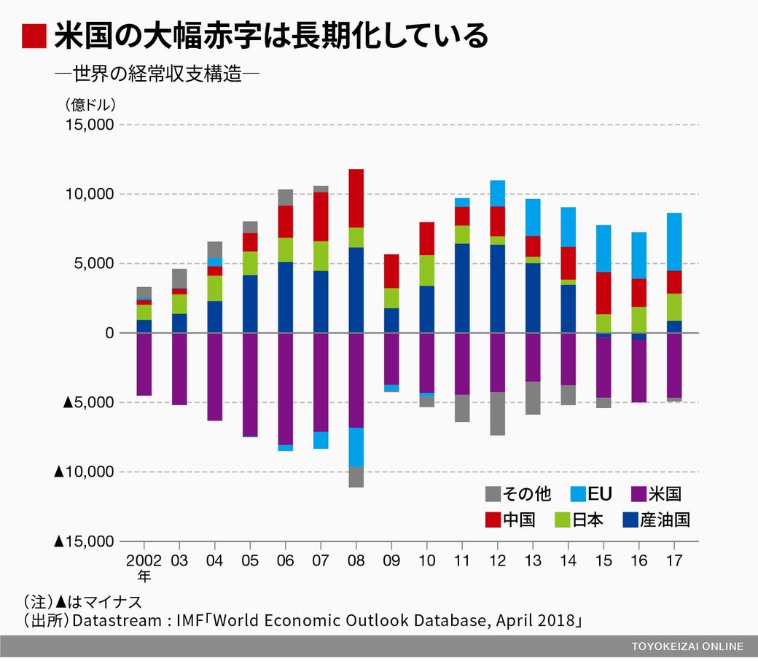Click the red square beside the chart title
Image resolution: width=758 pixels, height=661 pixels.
point(34,36)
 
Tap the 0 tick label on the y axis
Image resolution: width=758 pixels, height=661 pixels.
point(109,333)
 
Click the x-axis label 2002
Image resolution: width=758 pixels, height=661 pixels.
point(144,560)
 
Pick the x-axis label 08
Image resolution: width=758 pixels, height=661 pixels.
point(356,560)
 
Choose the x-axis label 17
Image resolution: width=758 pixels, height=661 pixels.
point(673,560)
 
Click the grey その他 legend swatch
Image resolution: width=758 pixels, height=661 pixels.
point(493,495)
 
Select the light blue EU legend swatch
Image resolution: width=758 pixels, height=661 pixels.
point(576,495)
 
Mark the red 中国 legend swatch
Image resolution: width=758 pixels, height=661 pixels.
point(493,520)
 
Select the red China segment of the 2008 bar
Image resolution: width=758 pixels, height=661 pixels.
point(356,198)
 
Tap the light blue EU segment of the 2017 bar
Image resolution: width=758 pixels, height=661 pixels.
point(673,242)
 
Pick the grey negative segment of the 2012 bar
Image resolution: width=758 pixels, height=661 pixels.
point(497,413)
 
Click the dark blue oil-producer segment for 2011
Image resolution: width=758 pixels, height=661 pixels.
point(462,288)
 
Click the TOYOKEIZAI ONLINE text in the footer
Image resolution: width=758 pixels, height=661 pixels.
point(687,646)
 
